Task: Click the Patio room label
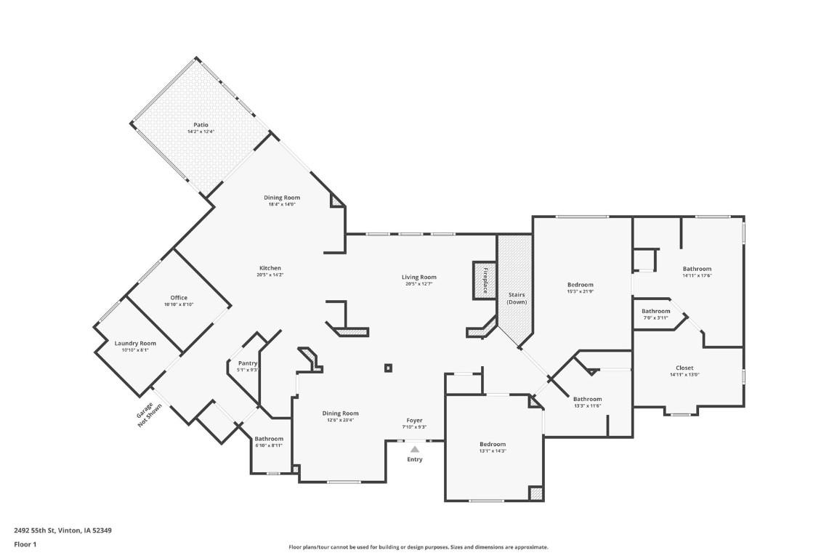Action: pos(201,125)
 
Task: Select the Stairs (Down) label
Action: pos(517,298)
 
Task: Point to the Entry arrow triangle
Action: pos(414,450)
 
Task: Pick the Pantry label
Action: pos(248,363)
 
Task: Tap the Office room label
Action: pos(179,298)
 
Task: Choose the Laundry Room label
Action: pos(135,344)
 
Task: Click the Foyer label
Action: pos(414,421)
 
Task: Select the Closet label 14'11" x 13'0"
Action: pos(684,368)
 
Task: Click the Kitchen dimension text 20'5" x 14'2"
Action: pos(269,275)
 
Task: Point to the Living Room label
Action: pos(420,277)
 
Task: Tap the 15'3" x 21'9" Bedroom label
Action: pos(581,285)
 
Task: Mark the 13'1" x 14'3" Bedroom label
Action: pos(492,444)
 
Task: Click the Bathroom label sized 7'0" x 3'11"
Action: pos(655,312)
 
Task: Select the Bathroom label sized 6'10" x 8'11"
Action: pos(269,439)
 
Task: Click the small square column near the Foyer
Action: pos(389,368)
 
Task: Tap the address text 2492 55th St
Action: pos(62,530)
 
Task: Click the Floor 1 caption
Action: pos(25,544)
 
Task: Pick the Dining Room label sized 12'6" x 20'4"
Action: pos(341,413)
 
